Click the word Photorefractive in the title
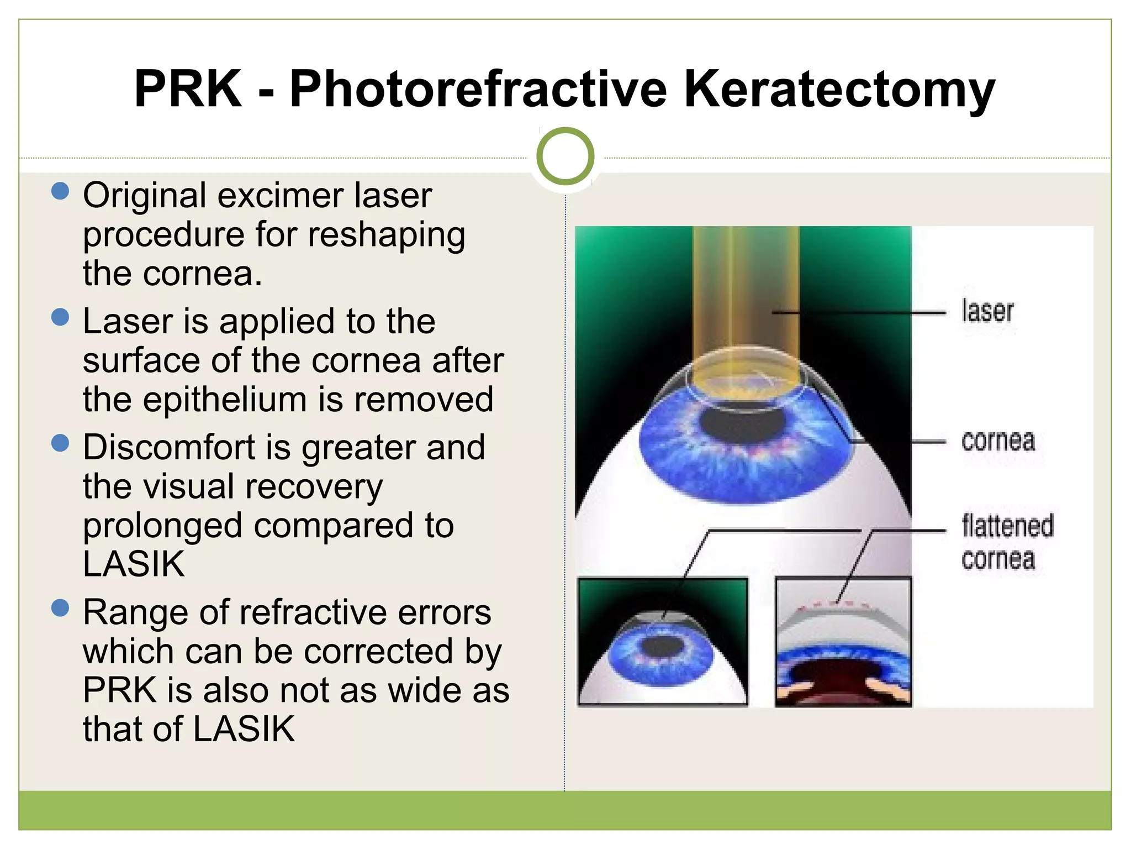click(x=478, y=90)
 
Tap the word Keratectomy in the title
click(x=839, y=90)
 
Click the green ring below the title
click(x=565, y=156)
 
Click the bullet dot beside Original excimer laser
click(x=60, y=191)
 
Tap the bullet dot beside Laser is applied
click(x=60, y=317)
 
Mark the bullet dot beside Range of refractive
click(x=60, y=608)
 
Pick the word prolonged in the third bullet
click(x=163, y=526)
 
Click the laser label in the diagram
click(x=987, y=311)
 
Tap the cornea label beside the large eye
click(x=998, y=442)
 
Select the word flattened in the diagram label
click(x=1007, y=526)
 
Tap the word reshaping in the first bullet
click(x=387, y=235)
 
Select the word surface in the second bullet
click(x=141, y=361)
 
